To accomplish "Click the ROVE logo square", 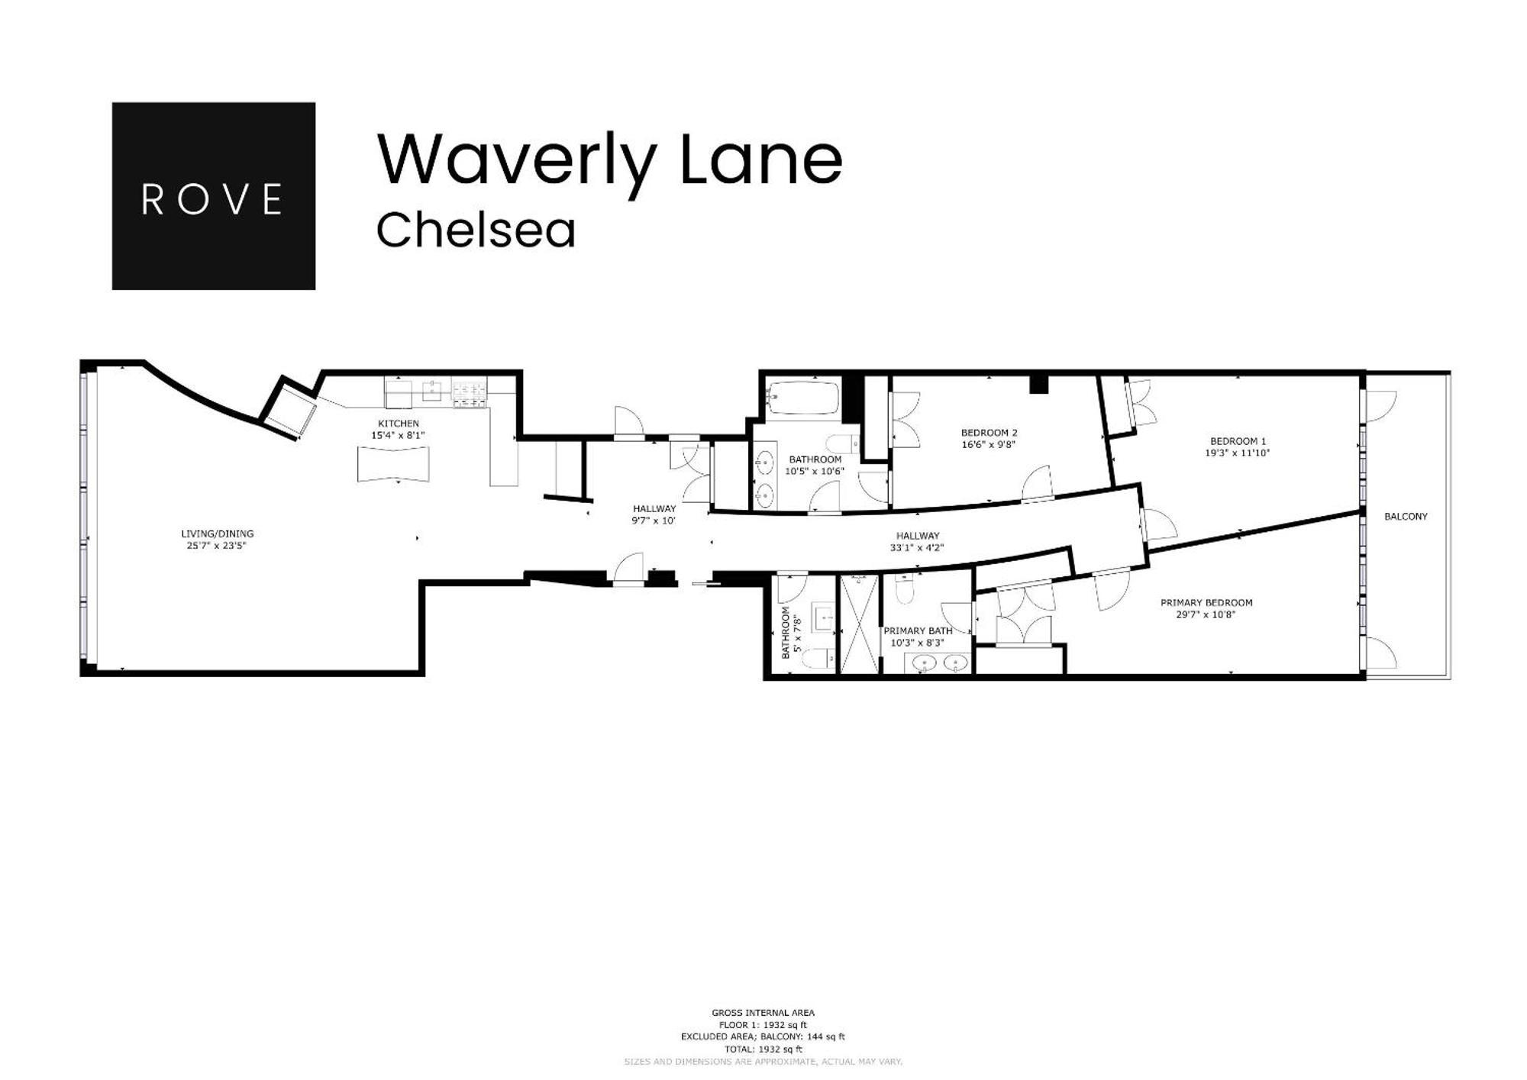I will pyautogui.click(x=213, y=196).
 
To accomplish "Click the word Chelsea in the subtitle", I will pyautogui.click(x=475, y=231).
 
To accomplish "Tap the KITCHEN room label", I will pyautogui.click(x=398, y=424).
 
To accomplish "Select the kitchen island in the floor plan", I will pyautogui.click(x=393, y=464).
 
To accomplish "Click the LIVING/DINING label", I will pyautogui.click(x=217, y=534).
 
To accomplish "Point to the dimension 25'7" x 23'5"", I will pyautogui.click(x=217, y=546).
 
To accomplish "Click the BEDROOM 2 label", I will pyautogui.click(x=989, y=433).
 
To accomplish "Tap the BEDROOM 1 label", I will pyautogui.click(x=1238, y=441).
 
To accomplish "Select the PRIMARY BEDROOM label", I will pyautogui.click(x=1206, y=603).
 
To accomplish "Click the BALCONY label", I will pyautogui.click(x=1406, y=517).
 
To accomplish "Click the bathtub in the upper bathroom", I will pyautogui.click(x=803, y=398).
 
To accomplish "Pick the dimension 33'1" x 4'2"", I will pyautogui.click(x=917, y=547).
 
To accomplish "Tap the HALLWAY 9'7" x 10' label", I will pyautogui.click(x=654, y=509).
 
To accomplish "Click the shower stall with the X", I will pyautogui.click(x=860, y=625).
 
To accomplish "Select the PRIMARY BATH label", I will pyautogui.click(x=917, y=631).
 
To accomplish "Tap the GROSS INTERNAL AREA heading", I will pyautogui.click(x=763, y=1013).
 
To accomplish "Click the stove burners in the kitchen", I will pyautogui.click(x=470, y=394).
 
